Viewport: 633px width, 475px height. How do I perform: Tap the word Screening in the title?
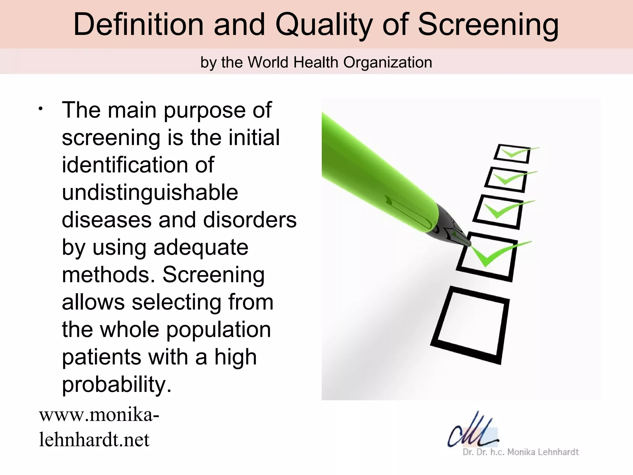click(x=488, y=25)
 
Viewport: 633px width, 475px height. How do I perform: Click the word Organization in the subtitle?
click(x=388, y=62)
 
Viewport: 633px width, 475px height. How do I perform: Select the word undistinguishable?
click(x=150, y=192)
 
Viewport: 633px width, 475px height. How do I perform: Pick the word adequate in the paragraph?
click(x=201, y=247)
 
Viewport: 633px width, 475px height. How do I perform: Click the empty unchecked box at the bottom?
click(x=470, y=325)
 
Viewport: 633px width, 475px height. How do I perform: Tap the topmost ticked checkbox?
click(x=512, y=154)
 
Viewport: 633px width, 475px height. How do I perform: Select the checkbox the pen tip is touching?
click(x=487, y=257)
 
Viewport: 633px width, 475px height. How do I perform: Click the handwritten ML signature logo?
click(x=473, y=430)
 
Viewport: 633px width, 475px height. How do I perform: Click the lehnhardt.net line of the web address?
click(x=94, y=439)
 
